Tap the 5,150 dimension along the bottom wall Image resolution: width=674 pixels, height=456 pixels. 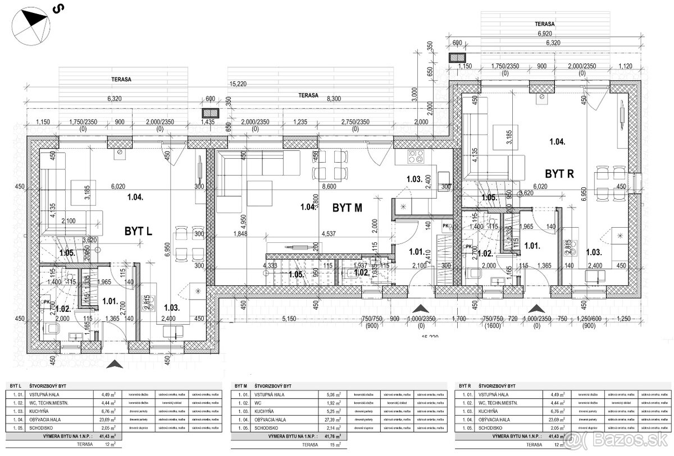288,319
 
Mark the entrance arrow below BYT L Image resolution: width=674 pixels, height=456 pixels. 115,365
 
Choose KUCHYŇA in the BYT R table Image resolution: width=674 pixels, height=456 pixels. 487,411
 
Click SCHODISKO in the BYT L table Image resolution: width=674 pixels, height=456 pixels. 40,428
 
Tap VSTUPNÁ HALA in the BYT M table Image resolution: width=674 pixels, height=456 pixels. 268,394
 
